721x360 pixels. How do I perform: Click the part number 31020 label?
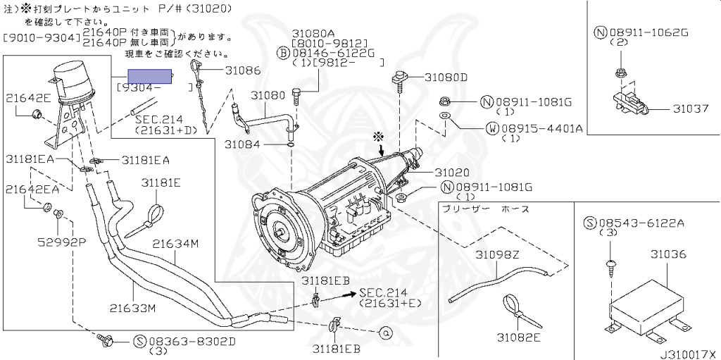(x=452, y=173)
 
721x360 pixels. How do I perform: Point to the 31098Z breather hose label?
(x=496, y=254)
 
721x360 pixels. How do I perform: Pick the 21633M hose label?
(x=132, y=307)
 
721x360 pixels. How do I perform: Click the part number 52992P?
(x=61, y=242)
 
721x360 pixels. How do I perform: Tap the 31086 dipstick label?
(x=243, y=70)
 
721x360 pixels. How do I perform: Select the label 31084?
(x=242, y=144)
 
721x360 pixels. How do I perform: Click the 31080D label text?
(x=444, y=77)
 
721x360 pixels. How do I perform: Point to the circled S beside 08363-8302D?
(x=139, y=342)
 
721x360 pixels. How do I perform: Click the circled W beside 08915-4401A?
(x=492, y=128)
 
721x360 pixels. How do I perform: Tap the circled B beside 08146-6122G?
(x=282, y=52)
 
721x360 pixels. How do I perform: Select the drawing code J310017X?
(x=687, y=354)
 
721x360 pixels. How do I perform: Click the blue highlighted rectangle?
(x=150, y=77)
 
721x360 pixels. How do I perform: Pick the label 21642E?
(x=29, y=98)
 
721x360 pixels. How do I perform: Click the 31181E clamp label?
(x=161, y=182)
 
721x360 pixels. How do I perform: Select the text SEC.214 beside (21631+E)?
(x=380, y=292)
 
